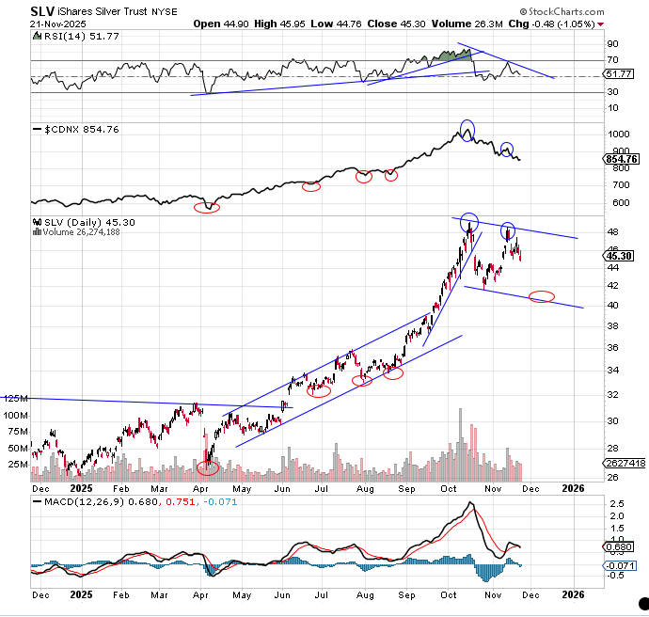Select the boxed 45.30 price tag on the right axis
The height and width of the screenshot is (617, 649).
pos(620,255)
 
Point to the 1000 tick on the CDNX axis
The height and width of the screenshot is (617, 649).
pos(618,135)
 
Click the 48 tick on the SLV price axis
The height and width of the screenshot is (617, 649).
pos(612,231)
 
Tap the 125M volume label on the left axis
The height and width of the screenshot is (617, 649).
pos(14,399)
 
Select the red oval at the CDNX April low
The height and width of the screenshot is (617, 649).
pos(206,208)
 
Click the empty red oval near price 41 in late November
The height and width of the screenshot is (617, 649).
pos(542,297)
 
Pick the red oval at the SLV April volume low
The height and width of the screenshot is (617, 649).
pos(208,467)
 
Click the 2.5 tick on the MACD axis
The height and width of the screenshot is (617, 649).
pos(616,503)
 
